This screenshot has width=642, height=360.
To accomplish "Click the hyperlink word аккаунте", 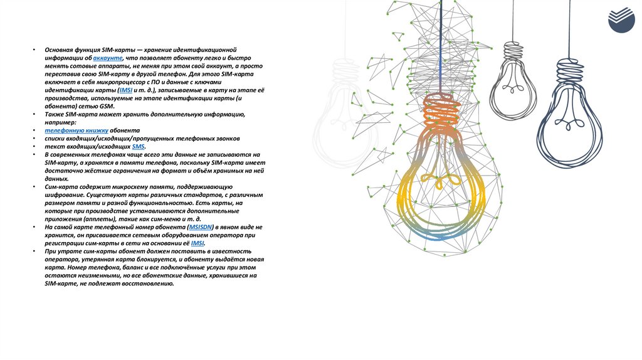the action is [x=108, y=57].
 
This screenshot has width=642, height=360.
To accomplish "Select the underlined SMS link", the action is [x=138, y=146].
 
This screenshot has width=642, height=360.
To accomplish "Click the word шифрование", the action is [x=64, y=194].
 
